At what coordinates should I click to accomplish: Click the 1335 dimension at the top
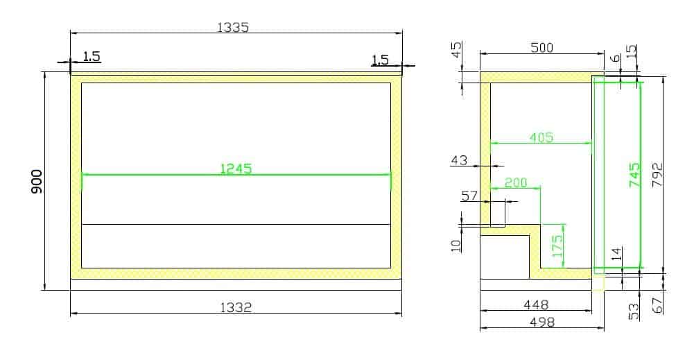click(233, 27)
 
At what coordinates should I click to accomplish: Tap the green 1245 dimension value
click(236, 168)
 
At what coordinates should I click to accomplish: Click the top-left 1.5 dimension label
click(92, 56)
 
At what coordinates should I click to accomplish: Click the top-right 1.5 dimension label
click(380, 60)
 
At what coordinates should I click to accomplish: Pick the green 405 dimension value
click(541, 137)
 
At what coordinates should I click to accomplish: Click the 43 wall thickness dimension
click(459, 160)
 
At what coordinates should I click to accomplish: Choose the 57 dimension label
click(469, 196)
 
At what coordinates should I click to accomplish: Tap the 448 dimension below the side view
click(536, 305)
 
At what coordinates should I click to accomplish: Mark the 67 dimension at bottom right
click(659, 304)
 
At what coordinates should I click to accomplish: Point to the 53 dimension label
click(634, 311)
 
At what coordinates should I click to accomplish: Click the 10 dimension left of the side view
click(456, 246)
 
